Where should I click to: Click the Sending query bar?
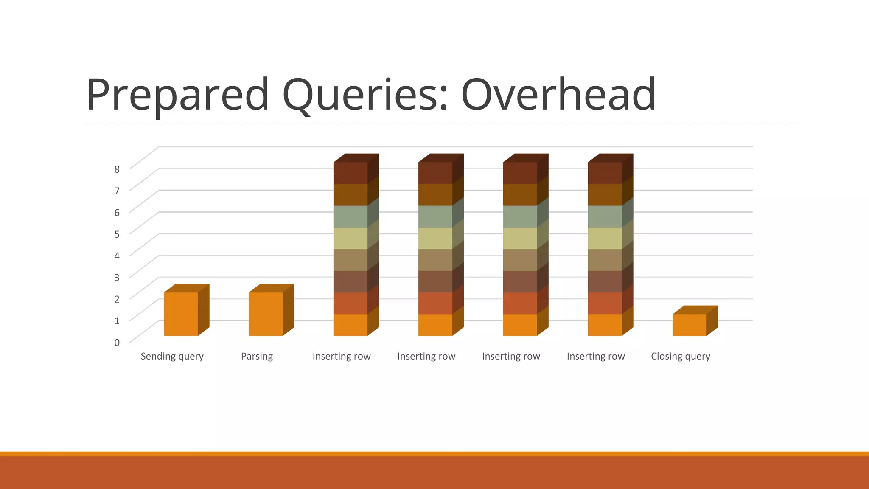(181, 314)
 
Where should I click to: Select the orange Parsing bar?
(266, 314)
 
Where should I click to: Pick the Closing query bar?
(690, 325)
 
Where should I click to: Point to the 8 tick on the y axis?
(117, 169)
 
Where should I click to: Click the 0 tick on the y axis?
(117, 342)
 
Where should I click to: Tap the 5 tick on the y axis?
(117, 234)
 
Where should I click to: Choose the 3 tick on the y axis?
(117, 277)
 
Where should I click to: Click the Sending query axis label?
(172, 356)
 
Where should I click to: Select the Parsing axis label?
(257, 356)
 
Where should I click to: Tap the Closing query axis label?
(680, 356)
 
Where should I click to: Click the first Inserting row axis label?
(342, 356)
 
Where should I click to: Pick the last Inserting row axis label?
(596, 356)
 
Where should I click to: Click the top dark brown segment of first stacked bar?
(350, 173)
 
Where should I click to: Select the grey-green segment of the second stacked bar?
(435, 216)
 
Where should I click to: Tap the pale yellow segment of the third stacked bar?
(520, 238)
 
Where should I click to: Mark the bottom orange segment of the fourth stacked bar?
(605, 325)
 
